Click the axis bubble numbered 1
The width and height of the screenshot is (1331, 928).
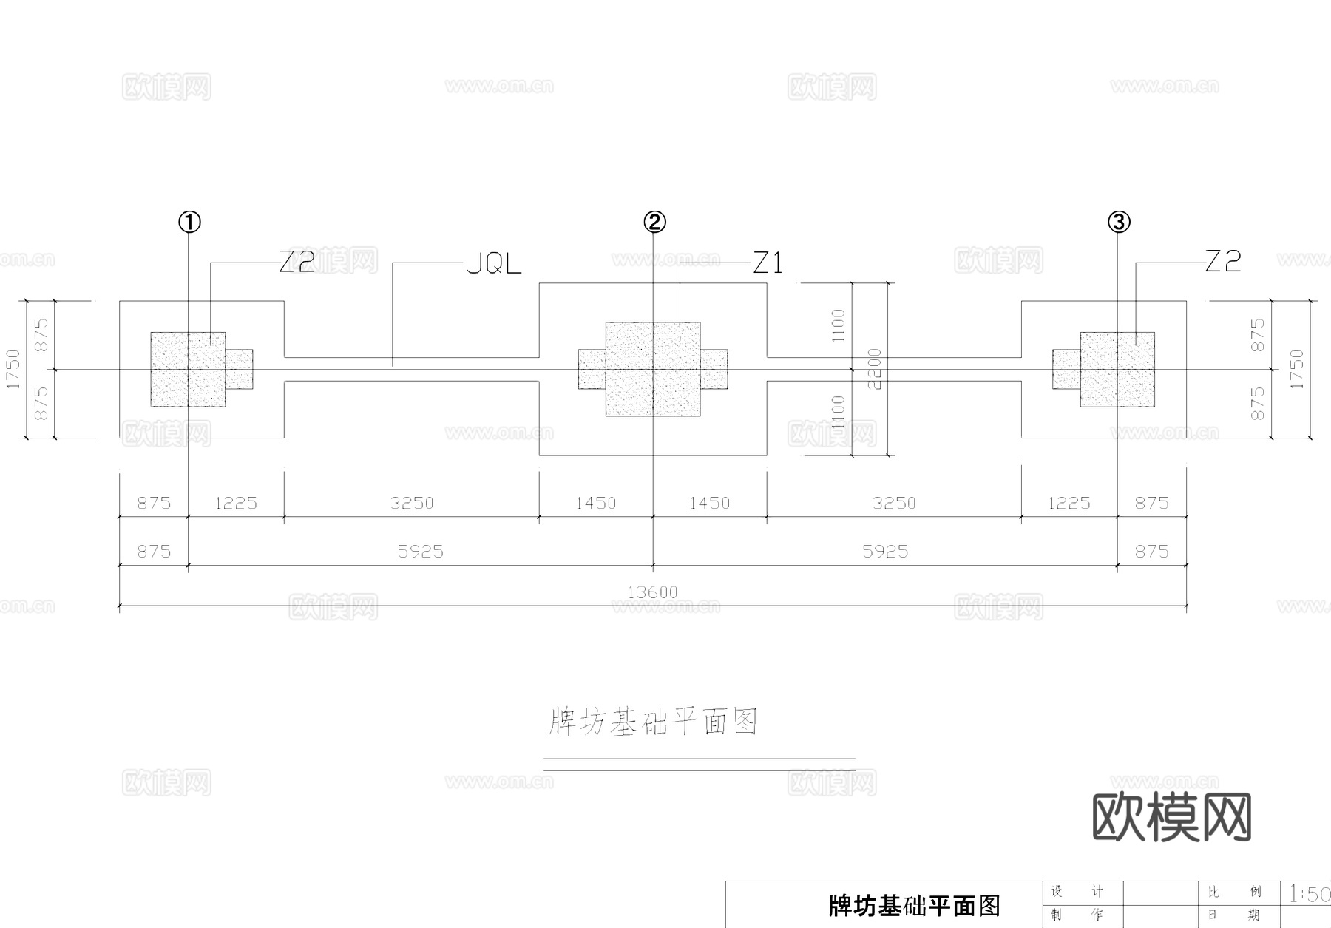click(189, 221)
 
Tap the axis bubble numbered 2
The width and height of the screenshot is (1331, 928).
click(654, 221)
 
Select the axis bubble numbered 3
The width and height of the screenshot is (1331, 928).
click(1118, 221)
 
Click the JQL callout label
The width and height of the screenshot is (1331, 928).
click(494, 264)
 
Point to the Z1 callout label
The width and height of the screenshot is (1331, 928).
click(768, 263)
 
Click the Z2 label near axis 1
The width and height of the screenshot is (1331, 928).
click(297, 262)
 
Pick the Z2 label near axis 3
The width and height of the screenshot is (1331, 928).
click(1223, 261)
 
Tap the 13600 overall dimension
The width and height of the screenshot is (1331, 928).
click(652, 592)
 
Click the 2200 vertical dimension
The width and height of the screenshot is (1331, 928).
click(875, 369)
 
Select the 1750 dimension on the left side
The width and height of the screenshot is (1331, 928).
click(13, 369)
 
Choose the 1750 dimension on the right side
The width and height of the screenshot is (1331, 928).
click(1296, 369)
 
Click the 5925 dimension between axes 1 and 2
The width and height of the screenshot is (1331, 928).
click(420, 552)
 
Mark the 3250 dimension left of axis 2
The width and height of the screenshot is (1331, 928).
click(412, 504)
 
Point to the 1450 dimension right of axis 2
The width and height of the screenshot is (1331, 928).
click(709, 504)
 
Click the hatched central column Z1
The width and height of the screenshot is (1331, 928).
click(653, 369)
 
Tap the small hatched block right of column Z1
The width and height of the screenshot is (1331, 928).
click(714, 369)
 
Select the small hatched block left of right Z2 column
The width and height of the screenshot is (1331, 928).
click(1066, 369)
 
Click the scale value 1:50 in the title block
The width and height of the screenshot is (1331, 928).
click(1309, 894)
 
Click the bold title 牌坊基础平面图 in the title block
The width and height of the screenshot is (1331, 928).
click(915, 905)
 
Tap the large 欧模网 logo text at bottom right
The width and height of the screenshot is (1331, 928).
click(1172, 818)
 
